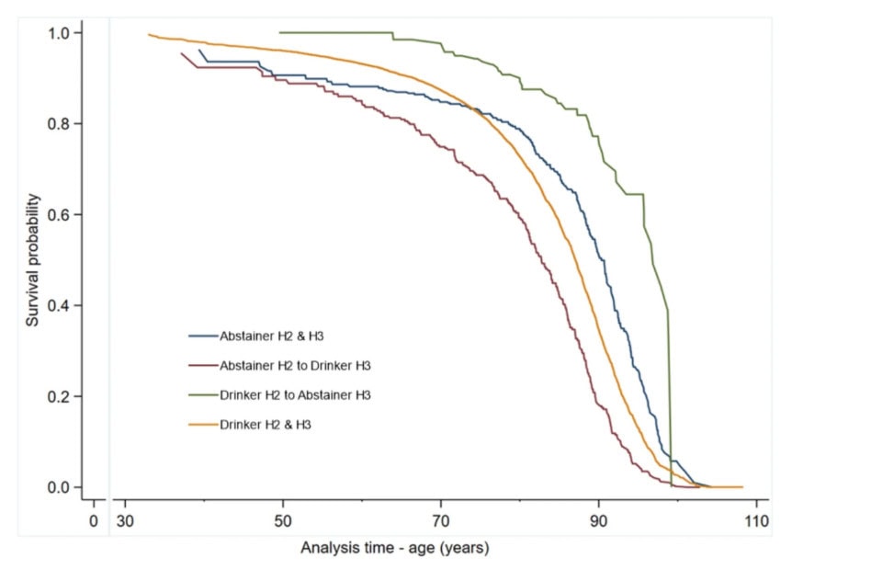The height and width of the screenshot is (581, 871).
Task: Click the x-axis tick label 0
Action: [94, 520]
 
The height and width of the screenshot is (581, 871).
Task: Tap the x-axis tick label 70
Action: [440, 520]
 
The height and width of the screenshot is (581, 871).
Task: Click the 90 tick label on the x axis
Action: [598, 520]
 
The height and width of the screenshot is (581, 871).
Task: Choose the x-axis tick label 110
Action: [756, 520]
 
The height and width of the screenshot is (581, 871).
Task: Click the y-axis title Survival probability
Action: [32, 260]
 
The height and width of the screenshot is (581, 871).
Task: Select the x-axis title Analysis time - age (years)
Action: [394, 548]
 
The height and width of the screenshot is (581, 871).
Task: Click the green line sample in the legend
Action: [202, 395]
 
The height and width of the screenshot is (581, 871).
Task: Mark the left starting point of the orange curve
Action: [149, 35]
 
